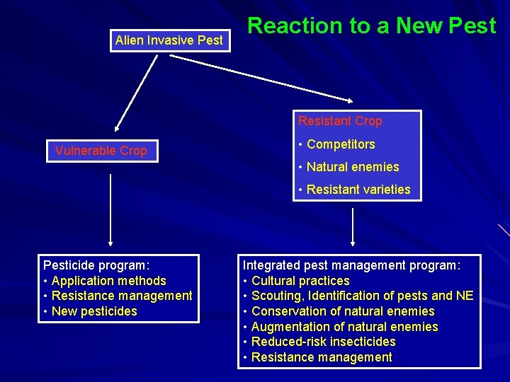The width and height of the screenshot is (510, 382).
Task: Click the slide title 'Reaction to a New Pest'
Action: coord(371,26)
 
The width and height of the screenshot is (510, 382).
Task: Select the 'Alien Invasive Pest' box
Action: coord(169,40)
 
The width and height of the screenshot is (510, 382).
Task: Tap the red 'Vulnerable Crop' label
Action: coord(101,151)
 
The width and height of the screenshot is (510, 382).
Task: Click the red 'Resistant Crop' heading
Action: coord(340,121)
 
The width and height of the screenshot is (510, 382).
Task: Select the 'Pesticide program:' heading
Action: coord(96,265)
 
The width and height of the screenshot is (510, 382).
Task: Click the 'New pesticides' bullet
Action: coord(94,311)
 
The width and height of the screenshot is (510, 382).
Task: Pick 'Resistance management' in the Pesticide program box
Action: coord(122,296)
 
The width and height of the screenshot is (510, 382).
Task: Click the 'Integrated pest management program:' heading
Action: coord(351,265)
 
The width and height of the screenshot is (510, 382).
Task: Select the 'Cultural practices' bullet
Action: coord(300,281)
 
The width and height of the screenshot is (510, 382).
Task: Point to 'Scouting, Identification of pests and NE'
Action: coord(362,296)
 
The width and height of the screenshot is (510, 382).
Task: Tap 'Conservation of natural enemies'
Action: coord(343,311)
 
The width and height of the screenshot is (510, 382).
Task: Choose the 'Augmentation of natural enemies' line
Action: coord(344,327)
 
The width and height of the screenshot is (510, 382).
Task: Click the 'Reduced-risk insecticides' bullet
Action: coord(323,342)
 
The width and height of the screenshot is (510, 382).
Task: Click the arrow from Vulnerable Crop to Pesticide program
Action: coord(110,209)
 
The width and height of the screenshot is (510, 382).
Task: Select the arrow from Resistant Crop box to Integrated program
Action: coord(352,226)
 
